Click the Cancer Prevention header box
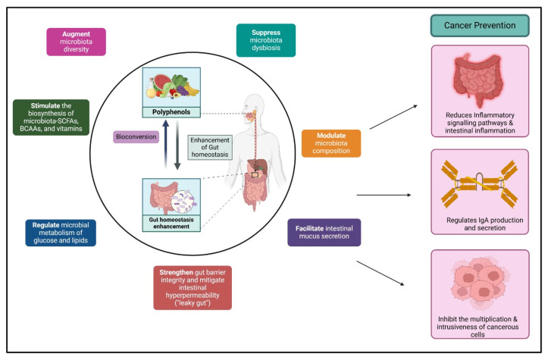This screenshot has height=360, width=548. (480, 26)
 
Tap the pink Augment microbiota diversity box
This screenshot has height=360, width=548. (77, 42)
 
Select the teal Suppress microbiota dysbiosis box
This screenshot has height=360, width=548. (266, 40)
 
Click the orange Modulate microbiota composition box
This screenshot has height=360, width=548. (331, 143)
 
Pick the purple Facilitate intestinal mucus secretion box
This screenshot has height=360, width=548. (324, 233)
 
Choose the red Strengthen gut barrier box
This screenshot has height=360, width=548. (193, 288)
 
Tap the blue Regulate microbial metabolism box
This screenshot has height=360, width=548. (61, 233)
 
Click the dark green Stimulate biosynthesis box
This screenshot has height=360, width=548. (51, 117)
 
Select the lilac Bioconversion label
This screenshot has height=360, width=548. (136, 136)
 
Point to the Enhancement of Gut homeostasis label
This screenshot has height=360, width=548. (210, 147)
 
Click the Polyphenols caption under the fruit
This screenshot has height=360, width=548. (171, 112)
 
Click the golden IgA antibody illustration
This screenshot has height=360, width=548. (480, 183)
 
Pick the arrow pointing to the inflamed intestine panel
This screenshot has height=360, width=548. (393, 117)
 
